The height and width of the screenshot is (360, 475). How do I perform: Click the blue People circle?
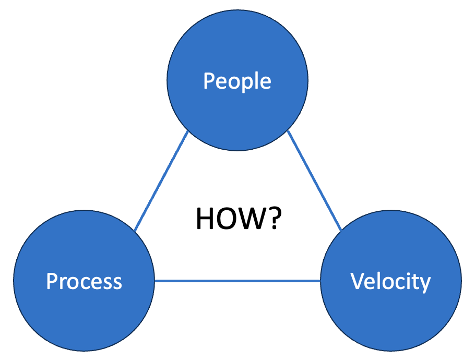[x=237, y=57]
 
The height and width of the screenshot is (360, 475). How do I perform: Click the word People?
[x=237, y=81]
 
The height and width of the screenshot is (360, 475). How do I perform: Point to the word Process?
[x=84, y=282]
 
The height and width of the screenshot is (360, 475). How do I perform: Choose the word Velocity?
[x=391, y=282]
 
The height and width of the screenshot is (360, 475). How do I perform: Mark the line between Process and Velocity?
[x=238, y=281]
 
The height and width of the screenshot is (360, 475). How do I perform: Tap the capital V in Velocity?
[x=357, y=282]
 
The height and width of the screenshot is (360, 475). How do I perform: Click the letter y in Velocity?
[x=426, y=284]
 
